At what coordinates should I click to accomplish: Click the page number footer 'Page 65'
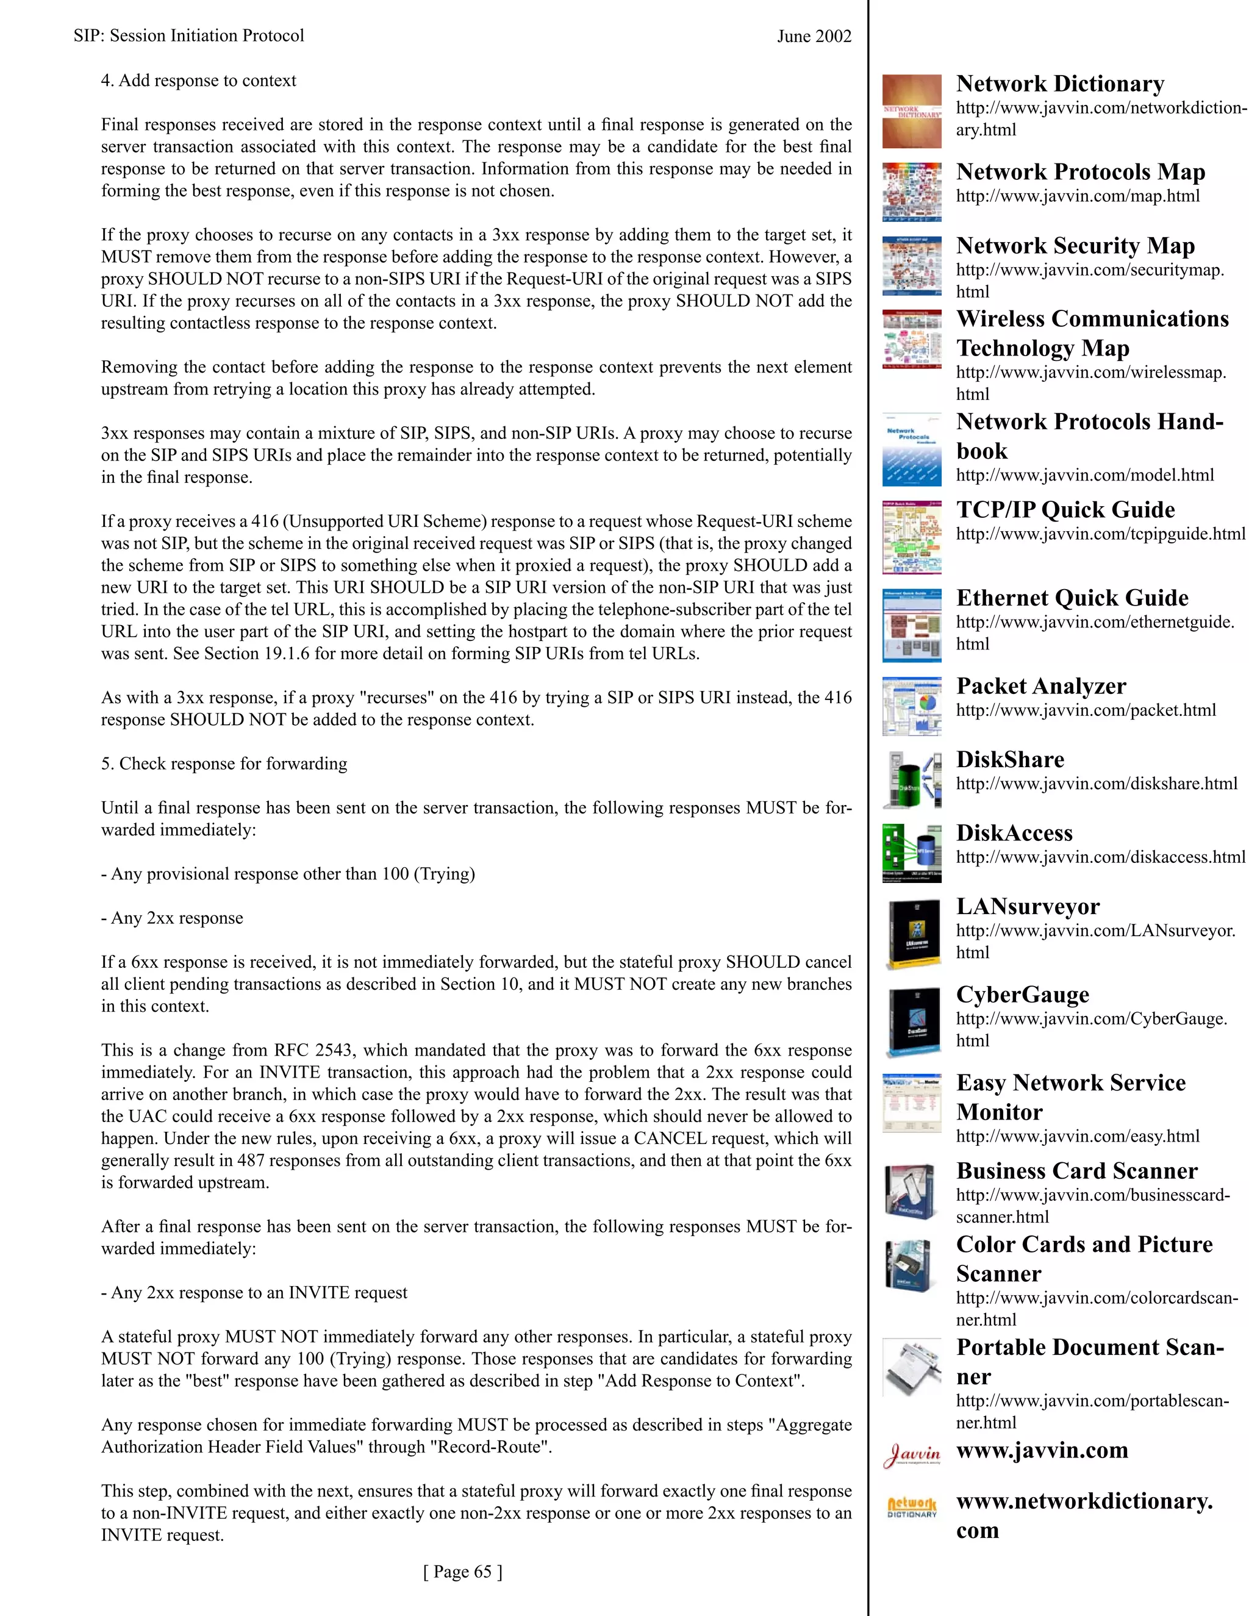click(462, 1571)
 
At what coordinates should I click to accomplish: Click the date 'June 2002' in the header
click(814, 36)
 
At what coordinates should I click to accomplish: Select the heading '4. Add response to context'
click(198, 80)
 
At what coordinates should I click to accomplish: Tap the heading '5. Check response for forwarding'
click(223, 763)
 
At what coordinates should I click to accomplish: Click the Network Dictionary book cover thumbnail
click(912, 112)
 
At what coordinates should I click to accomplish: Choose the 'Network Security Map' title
click(1075, 245)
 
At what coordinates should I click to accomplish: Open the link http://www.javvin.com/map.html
click(1078, 196)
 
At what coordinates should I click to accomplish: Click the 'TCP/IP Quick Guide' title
click(1065, 509)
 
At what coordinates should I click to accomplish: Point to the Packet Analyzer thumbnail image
click(912, 707)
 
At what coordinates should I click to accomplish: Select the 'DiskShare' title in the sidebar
click(1010, 759)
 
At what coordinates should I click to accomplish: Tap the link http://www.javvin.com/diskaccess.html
click(1100, 857)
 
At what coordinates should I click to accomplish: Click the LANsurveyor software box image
click(912, 934)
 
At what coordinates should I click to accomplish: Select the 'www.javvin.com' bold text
click(1042, 1450)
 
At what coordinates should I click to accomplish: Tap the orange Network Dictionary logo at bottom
click(912, 1508)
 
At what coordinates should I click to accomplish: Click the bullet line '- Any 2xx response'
click(171, 918)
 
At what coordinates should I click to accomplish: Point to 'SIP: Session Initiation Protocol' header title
click(188, 35)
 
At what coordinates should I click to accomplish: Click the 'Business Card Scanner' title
click(1076, 1171)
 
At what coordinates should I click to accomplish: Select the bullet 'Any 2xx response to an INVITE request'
click(254, 1293)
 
